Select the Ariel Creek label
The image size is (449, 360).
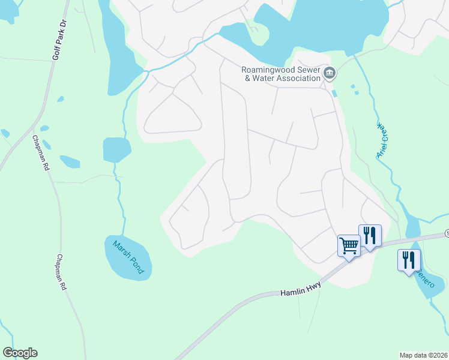pyautogui.click(x=384, y=140)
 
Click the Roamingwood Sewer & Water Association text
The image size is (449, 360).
pyautogui.click(x=280, y=74)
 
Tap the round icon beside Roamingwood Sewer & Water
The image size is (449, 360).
pyautogui.click(x=330, y=74)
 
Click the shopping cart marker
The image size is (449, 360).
pyautogui.click(x=348, y=244)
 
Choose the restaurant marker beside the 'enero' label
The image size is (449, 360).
pyautogui.click(x=409, y=260)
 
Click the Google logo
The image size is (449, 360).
pyautogui.click(x=20, y=353)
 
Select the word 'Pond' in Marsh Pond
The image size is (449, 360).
pyautogui.click(x=136, y=265)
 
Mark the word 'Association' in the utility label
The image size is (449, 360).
pyautogui.click(x=298, y=78)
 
